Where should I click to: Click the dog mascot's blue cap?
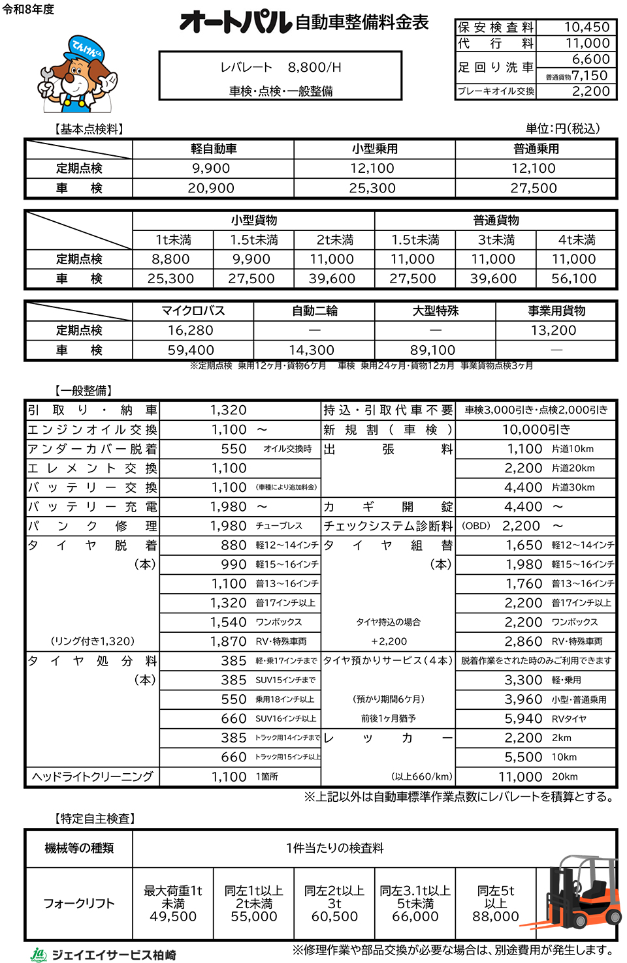click(84, 48)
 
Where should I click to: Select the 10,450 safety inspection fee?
click(587, 27)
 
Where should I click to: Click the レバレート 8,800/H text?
click(280, 67)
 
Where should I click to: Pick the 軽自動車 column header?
click(213, 149)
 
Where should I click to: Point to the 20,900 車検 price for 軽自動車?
click(211, 189)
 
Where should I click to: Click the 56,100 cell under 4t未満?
click(574, 279)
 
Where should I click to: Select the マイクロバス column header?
click(193, 311)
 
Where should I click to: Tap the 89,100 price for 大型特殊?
click(432, 350)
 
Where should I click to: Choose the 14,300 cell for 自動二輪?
click(312, 350)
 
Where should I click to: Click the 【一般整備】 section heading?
click(84, 391)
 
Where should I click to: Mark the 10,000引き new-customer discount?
click(536, 429)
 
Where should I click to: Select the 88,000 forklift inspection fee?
click(495, 917)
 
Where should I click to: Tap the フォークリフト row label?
click(78, 904)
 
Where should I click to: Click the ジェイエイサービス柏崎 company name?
click(114, 955)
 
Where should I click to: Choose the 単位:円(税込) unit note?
click(562, 129)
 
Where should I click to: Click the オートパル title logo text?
click(236, 23)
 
